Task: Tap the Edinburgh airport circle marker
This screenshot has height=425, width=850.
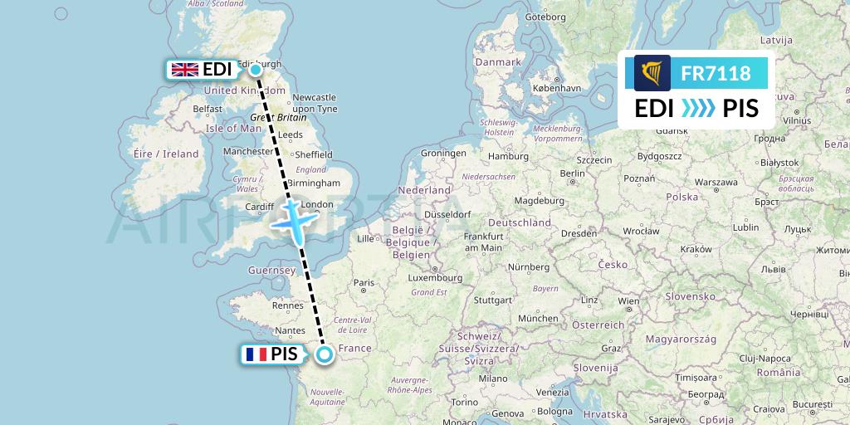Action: (256, 70)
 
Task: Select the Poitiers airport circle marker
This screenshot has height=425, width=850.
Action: (324, 355)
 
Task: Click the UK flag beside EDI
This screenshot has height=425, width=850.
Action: (183, 70)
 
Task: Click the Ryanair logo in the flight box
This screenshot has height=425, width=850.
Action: (652, 73)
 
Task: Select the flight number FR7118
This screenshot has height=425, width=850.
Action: (716, 74)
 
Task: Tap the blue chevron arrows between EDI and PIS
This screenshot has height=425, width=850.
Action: (697, 109)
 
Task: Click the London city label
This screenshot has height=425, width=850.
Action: (319, 205)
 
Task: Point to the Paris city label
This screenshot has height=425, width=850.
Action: (364, 283)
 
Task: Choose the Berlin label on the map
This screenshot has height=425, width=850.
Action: (573, 173)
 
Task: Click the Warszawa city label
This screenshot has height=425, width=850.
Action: (716, 181)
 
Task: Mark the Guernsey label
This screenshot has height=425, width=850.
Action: (271, 271)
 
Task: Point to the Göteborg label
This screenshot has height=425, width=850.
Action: (545, 16)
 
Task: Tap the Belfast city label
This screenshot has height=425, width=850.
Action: (208, 109)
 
